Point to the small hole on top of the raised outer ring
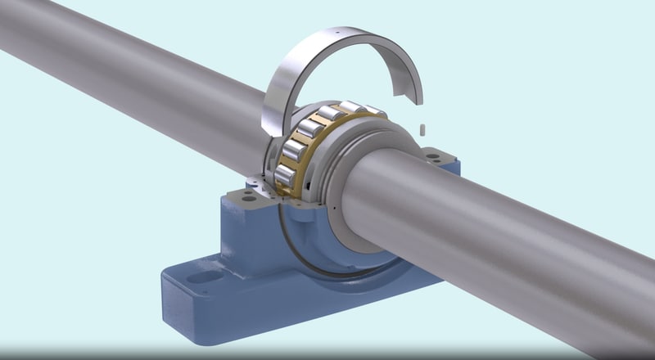[334, 33]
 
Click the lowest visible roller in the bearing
[285, 174]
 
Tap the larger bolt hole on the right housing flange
[431, 153]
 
